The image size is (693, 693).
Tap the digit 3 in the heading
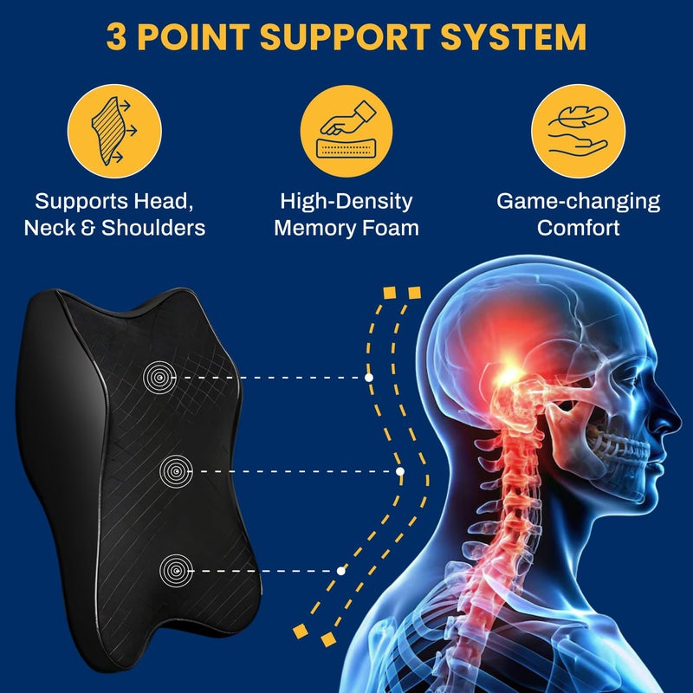tap(116, 36)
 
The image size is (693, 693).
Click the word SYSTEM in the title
tap(514, 36)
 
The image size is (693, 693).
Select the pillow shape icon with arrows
tap(114, 131)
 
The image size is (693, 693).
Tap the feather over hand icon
tap(578, 131)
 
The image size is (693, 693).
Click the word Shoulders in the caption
tap(153, 228)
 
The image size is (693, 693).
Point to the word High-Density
tap(346, 202)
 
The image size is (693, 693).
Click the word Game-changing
tap(578, 202)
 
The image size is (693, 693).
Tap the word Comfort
tap(578, 228)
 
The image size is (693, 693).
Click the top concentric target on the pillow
tap(159, 378)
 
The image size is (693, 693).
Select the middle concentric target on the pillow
tap(177, 471)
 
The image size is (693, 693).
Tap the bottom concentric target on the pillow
tap(177, 571)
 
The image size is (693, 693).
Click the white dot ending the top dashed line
tap(369, 378)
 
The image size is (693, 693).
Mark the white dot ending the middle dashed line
tap(400, 471)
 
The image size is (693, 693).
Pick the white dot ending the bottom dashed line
tap(340, 571)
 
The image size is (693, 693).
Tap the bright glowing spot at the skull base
tap(509, 372)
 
